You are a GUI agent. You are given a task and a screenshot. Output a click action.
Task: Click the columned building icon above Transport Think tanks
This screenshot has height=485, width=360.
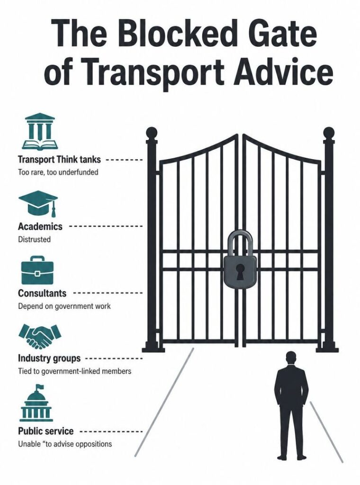(38, 132)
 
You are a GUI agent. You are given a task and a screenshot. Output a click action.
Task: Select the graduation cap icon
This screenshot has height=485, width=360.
(38, 203)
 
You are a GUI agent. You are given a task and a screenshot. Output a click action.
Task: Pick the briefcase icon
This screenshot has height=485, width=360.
(37, 270)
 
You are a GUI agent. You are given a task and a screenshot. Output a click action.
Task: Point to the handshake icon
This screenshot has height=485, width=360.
(40, 336)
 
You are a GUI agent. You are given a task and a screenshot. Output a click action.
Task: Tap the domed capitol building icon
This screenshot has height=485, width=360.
(36, 403)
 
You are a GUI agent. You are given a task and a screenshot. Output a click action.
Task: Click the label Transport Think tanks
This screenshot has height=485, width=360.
(59, 160)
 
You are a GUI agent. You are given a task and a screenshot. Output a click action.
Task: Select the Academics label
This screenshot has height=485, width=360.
(40, 226)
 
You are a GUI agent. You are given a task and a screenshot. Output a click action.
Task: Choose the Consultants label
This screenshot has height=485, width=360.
(42, 293)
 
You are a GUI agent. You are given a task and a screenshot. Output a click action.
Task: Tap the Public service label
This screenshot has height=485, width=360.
(46, 431)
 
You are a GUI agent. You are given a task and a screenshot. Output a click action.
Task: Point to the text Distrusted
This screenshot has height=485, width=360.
(34, 239)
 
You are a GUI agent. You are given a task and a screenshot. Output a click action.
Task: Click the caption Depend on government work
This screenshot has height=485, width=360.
(64, 306)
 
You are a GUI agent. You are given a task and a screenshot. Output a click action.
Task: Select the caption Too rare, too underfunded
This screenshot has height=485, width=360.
(58, 172)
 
